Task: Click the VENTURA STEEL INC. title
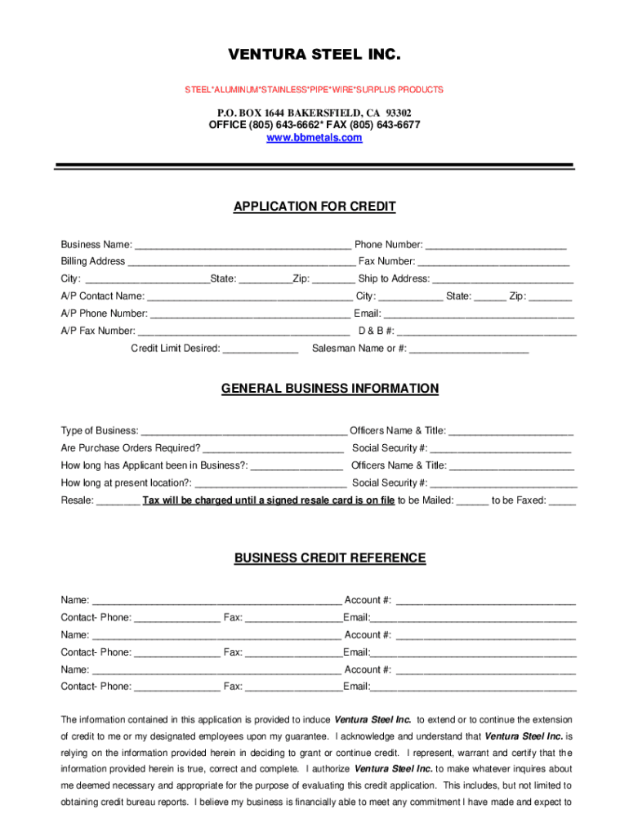[x=314, y=56]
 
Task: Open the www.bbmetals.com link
[x=314, y=138]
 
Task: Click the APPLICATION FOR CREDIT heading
[x=314, y=207]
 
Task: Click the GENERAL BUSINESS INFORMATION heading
[x=330, y=389]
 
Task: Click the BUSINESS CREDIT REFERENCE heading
[x=330, y=558]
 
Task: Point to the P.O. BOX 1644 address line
[x=314, y=113]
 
